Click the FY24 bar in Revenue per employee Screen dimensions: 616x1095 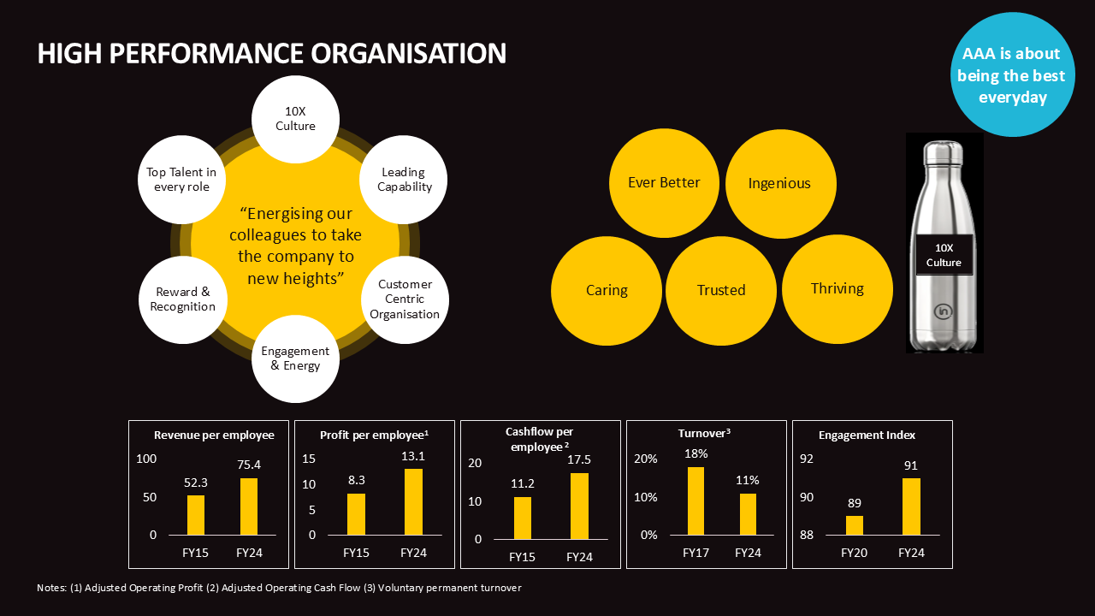[x=249, y=506]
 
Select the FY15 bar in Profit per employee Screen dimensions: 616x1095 [x=356, y=514]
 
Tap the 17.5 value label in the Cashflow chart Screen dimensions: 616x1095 [x=579, y=459]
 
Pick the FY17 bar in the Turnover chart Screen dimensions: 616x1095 [x=695, y=500]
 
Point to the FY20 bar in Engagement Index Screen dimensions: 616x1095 [x=855, y=525]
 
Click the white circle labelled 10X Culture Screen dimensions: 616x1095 [x=295, y=119]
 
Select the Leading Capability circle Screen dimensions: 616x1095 [x=405, y=180]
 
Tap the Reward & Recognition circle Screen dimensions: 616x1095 [x=181, y=299]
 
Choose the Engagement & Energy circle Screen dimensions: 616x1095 [x=295, y=358]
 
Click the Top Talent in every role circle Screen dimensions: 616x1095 [x=181, y=180]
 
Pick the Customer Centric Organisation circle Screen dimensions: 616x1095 [x=405, y=299]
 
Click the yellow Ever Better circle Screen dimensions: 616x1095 [x=664, y=182]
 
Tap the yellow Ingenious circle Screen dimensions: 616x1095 [x=779, y=183]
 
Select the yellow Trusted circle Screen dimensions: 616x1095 [x=721, y=290]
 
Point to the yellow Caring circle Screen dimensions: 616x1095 [x=607, y=290]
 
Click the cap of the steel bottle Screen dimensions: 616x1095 [x=944, y=152]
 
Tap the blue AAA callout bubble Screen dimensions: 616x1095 [x=1013, y=75]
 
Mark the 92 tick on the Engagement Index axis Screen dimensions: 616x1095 [x=807, y=459]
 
